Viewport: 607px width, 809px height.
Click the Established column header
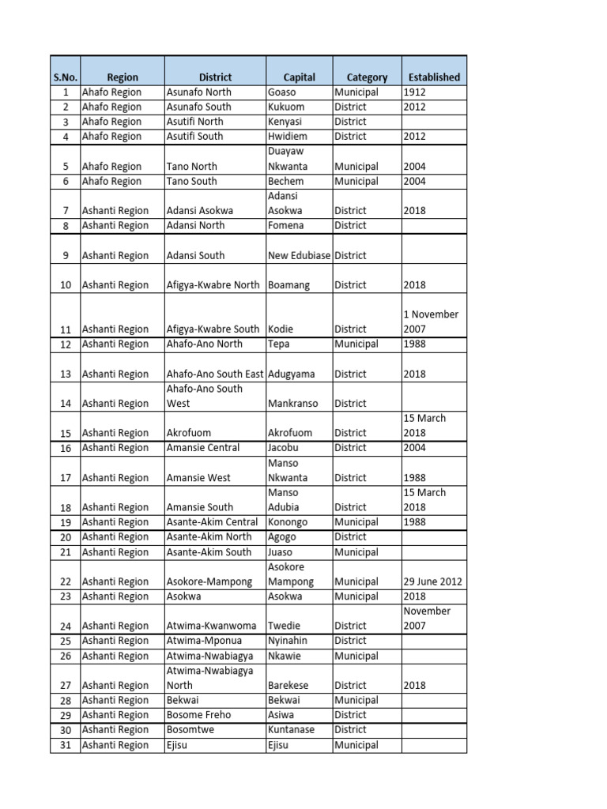(x=434, y=77)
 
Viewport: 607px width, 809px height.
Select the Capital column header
(x=300, y=77)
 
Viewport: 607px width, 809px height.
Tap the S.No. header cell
(x=65, y=77)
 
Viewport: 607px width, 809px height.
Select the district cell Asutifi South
(x=194, y=137)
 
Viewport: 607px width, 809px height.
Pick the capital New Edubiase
(x=300, y=256)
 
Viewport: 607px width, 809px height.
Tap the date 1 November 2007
(x=431, y=322)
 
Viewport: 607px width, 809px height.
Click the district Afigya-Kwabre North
(x=213, y=285)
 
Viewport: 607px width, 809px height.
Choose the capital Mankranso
(x=293, y=404)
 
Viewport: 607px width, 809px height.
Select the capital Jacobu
(x=284, y=448)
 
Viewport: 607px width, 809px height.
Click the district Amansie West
(x=198, y=478)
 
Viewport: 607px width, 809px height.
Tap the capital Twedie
(x=284, y=627)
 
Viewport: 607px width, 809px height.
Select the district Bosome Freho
(x=198, y=715)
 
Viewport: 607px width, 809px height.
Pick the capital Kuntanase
(x=292, y=730)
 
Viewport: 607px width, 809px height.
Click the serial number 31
(x=66, y=745)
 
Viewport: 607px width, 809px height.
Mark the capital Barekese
(x=290, y=686)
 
